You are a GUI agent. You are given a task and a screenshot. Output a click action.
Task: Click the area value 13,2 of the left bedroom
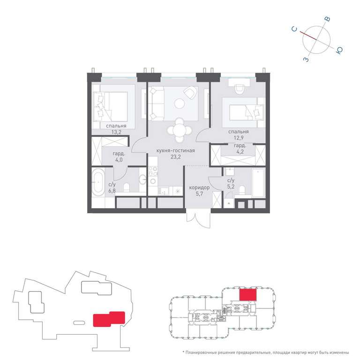[x=116, y=132]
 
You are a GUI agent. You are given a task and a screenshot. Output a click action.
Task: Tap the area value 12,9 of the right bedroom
[x=239, y=138]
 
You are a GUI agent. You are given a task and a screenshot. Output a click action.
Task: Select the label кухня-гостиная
[x=175, y=150]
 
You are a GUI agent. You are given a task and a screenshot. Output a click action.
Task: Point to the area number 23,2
[x=176, y=157]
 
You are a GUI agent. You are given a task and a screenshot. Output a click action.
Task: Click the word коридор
[x=199, y=187]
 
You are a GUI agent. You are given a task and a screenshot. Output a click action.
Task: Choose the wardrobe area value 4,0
[x=119, y=160]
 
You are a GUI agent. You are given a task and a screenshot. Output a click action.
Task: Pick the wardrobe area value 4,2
[x=240, y=151]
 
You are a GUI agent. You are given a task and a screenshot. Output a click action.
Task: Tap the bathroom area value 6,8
[x=112, y=191]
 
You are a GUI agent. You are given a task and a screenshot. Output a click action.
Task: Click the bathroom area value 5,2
[x=231, y=187]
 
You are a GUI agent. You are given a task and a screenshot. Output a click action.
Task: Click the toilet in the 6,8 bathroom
[x=127, y=187]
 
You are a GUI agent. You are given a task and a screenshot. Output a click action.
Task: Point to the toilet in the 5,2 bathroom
[x=242, y=190]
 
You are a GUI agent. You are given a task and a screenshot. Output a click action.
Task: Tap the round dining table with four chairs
[x=180, y=130]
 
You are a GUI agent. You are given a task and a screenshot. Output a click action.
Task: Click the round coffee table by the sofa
[x=180, y=104]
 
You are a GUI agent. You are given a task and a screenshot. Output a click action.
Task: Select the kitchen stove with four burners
[x=153, y=176]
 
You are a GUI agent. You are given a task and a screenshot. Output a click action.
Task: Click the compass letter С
[x=294, y=29]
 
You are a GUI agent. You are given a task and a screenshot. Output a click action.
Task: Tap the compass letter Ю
[x=339, y=50]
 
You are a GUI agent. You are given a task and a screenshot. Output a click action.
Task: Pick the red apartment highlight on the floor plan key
[x=248, y=295]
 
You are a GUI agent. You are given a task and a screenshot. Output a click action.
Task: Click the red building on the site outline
[x=109, y=319]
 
